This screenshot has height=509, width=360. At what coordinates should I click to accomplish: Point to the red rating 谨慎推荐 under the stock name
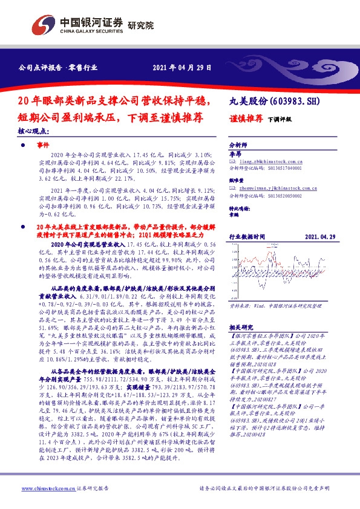click(x=244, y=119)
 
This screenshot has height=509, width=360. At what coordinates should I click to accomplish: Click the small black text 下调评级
click(x=280, y=120)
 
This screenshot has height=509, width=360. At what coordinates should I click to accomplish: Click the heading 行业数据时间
click(x=247, y=238)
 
